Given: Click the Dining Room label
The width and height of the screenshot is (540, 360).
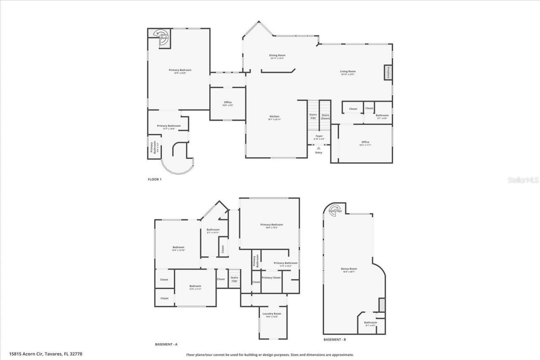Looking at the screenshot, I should [277, 56].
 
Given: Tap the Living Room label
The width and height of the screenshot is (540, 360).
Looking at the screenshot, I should [348, 72].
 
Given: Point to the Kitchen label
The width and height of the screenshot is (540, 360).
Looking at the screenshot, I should [274, 117].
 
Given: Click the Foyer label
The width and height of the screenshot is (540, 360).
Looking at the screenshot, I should [319, 137].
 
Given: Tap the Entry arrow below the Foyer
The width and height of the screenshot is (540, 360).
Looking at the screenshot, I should [319, 148].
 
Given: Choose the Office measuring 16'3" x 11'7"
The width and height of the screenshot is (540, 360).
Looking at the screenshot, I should [365, 143].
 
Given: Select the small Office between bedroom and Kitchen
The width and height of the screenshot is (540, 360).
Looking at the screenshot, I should [228, 103].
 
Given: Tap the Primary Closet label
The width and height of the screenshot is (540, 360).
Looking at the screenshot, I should [271, 278].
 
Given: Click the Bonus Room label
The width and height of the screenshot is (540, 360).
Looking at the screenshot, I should [349, 269].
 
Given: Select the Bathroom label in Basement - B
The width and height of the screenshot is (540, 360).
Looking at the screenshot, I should [370, 323].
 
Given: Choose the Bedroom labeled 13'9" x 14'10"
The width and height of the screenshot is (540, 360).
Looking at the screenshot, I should [178, 248].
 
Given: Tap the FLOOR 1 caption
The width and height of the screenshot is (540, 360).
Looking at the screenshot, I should [154, 180].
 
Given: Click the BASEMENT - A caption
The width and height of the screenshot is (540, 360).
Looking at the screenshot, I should [166, 344].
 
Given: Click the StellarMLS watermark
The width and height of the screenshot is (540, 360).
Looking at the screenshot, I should [523, 180].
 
